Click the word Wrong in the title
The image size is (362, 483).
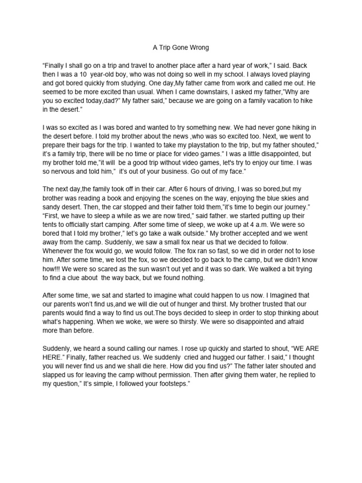coord(197,48)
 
